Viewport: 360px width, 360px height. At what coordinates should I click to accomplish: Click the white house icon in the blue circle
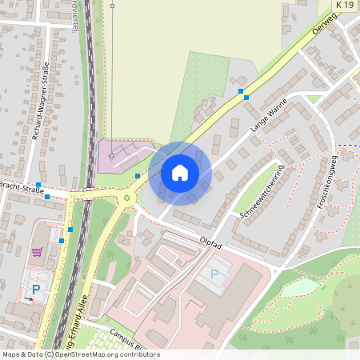tap(180, 172)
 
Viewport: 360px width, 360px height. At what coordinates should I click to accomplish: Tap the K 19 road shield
tap(344, 5)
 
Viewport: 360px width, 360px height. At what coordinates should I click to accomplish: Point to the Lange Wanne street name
tap(268, 115)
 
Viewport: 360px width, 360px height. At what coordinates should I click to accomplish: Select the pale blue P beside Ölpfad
tap(214, 274)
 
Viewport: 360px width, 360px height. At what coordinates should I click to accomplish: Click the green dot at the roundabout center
tap(126, 198)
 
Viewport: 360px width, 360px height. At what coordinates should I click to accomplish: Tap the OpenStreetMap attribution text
tap(80, 354)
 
